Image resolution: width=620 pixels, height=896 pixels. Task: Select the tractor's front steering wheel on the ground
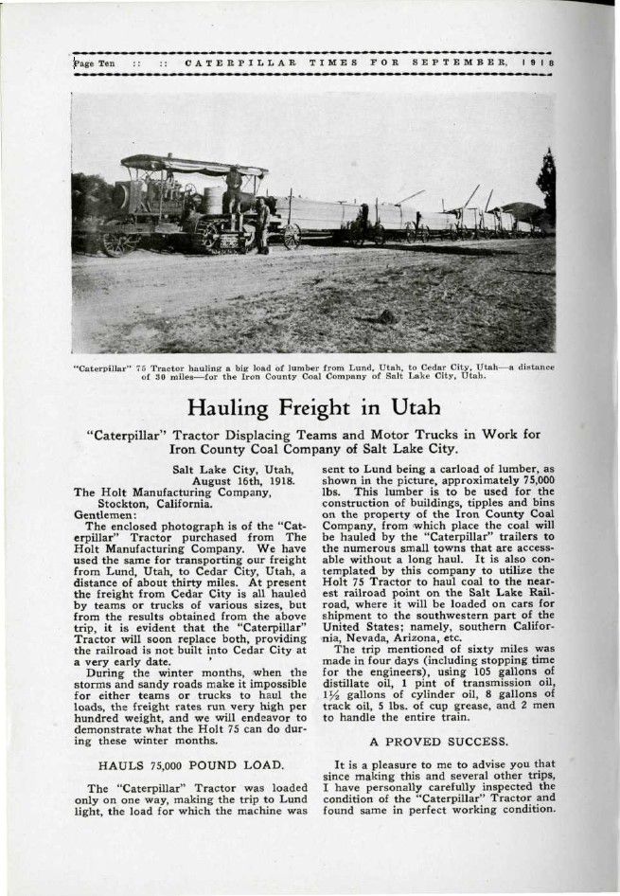[x=115, y=243]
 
